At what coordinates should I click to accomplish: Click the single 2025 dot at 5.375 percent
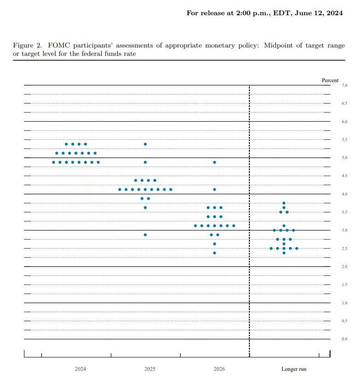point(145,144)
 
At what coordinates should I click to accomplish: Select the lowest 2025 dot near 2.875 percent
point(145,235)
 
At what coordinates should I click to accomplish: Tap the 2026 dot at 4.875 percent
point(214,162)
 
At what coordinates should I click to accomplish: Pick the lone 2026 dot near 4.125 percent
point(214,190)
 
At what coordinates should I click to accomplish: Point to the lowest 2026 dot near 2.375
point(214,253)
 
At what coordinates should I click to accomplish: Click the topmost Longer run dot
point(284,203)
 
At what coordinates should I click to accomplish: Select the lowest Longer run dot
point(284,253)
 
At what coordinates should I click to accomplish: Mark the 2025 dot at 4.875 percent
point(145,162)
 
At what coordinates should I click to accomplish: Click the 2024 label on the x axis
point(80,369)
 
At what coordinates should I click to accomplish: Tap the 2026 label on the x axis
point(219,369)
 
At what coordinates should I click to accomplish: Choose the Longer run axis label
point(294,369)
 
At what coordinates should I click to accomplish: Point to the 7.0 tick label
point(344,85)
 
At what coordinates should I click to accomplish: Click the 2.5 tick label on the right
point(344,249)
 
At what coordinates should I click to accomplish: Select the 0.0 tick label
point(344,339)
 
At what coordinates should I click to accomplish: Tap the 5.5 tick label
point(344,140)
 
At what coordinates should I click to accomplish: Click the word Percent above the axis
point(330,80)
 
